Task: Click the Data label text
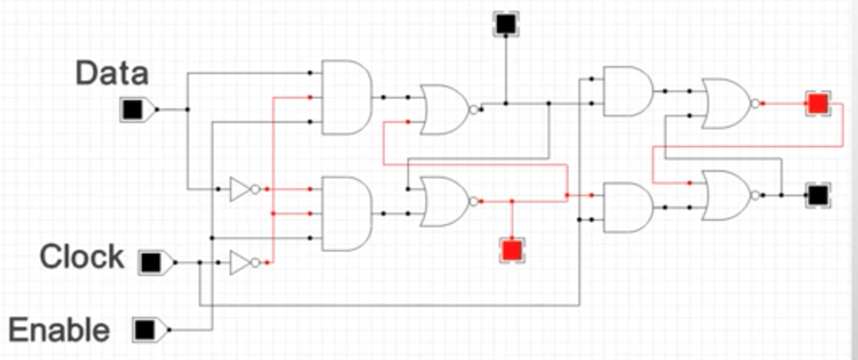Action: (x=112, y=73)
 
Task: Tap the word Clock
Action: (x=82, y=257)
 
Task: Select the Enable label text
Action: (x=59, y=330)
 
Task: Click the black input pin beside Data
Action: (x=135, y=110)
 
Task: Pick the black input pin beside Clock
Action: (x=153, y=262)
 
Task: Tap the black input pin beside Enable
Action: (x=147, y=330)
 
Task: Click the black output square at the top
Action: (x=506, y=24)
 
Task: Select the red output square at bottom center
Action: (x=513, y=249)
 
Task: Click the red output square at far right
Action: (x=818, y=103)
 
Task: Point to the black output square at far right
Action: (x=818, y=195)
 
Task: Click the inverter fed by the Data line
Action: (x=244, y=189)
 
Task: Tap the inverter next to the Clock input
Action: (x=244, y=262)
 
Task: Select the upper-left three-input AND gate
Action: (x=346, y=98)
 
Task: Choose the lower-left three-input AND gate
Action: (x=346, y=213)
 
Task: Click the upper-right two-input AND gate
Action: (x=628, y=91)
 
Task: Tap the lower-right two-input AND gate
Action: (x=628, y=208)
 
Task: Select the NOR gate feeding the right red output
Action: (x=730, y=103)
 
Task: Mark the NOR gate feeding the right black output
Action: (x=730, y=195)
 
